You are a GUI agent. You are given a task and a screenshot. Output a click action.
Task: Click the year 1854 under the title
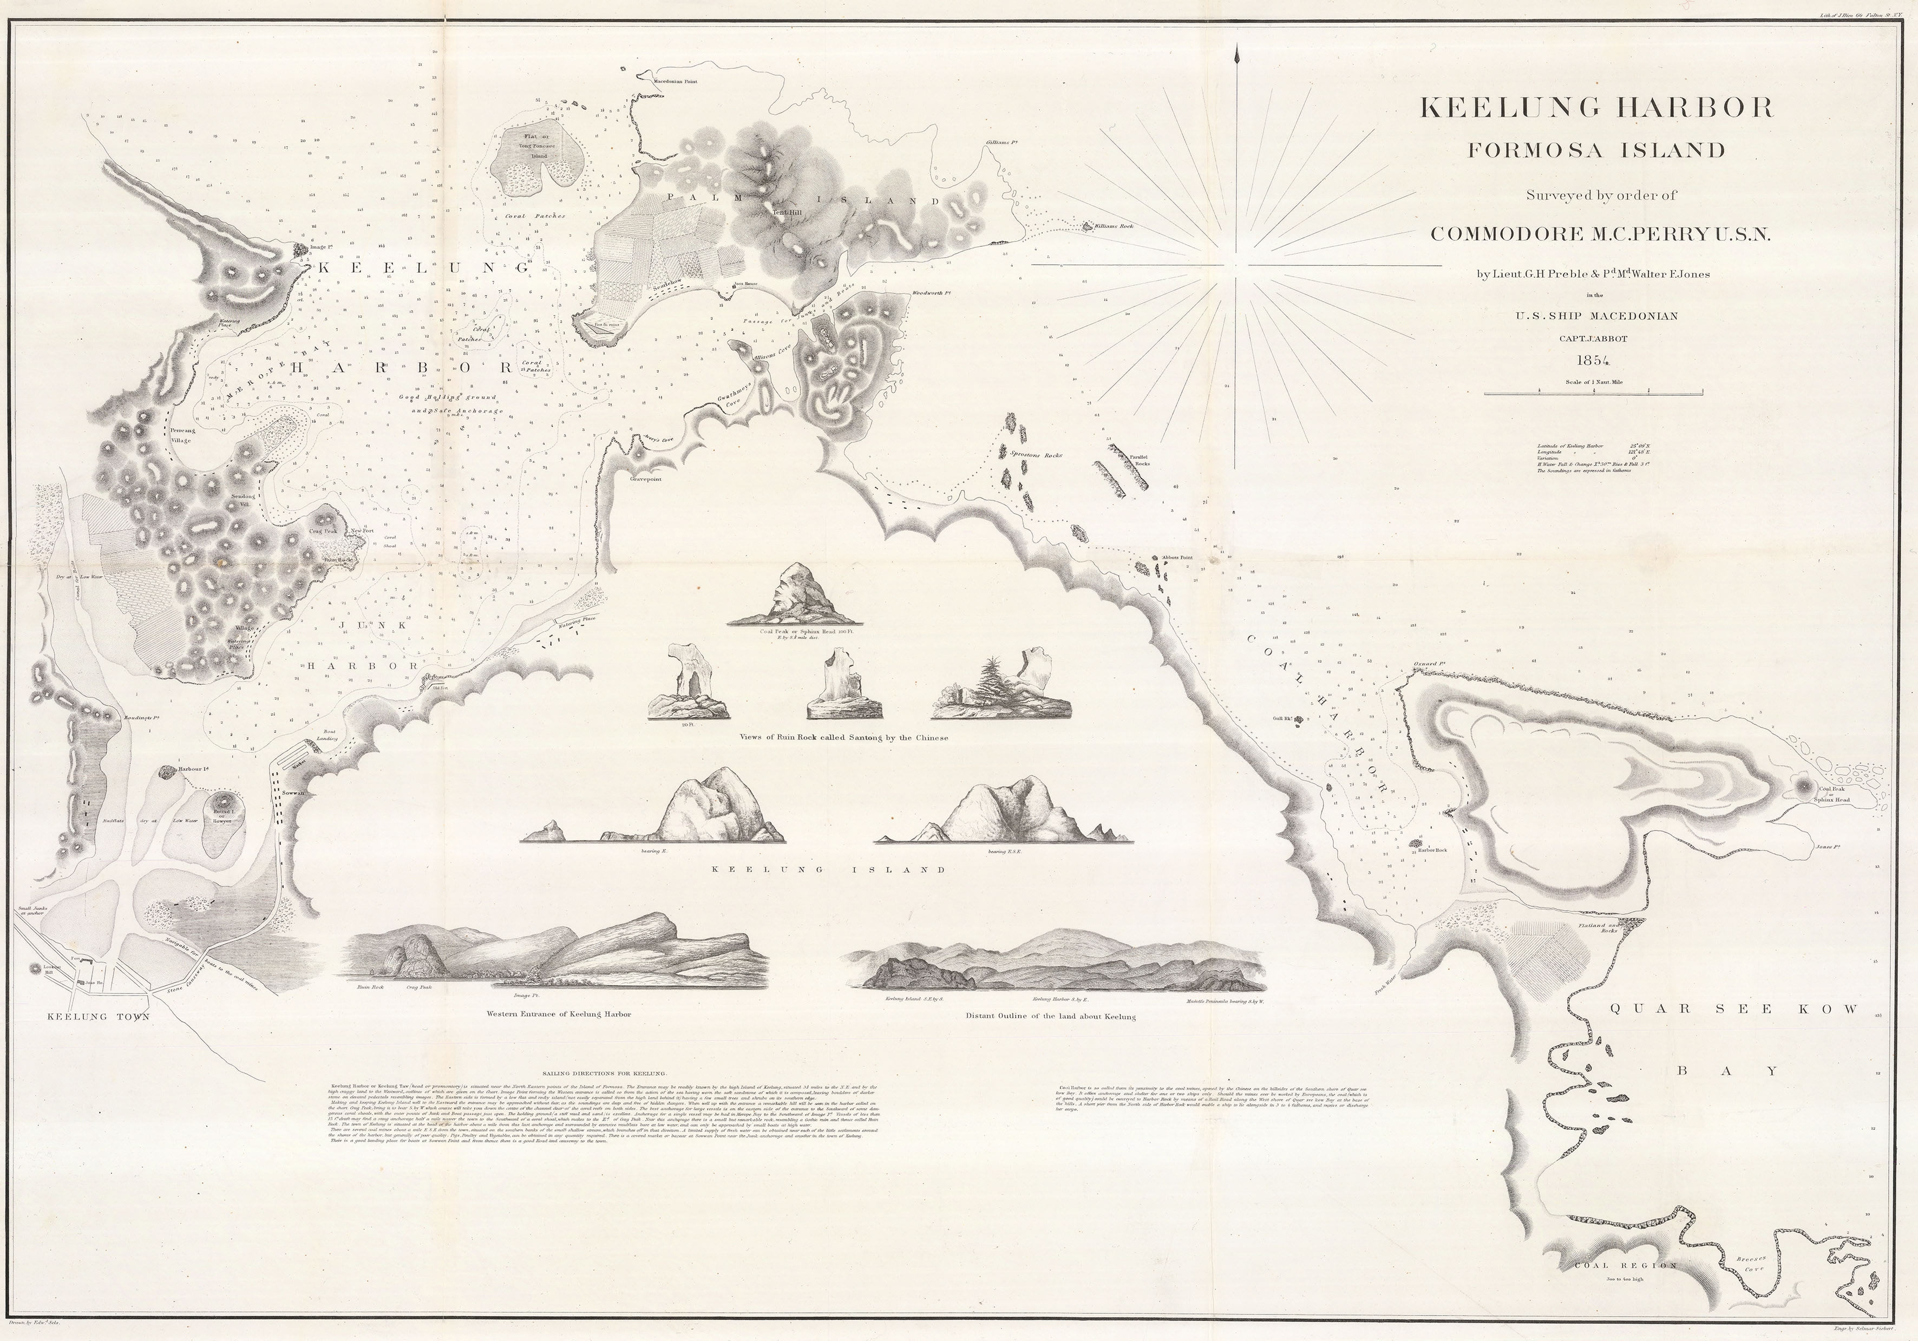pyautogui.click(x=1592, y=361)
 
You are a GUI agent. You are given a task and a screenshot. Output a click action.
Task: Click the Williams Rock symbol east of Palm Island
pyautogui.click(x=1088, y=226)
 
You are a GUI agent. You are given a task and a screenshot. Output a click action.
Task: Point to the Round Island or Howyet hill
pyautogui.click(x=220, y=809)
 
